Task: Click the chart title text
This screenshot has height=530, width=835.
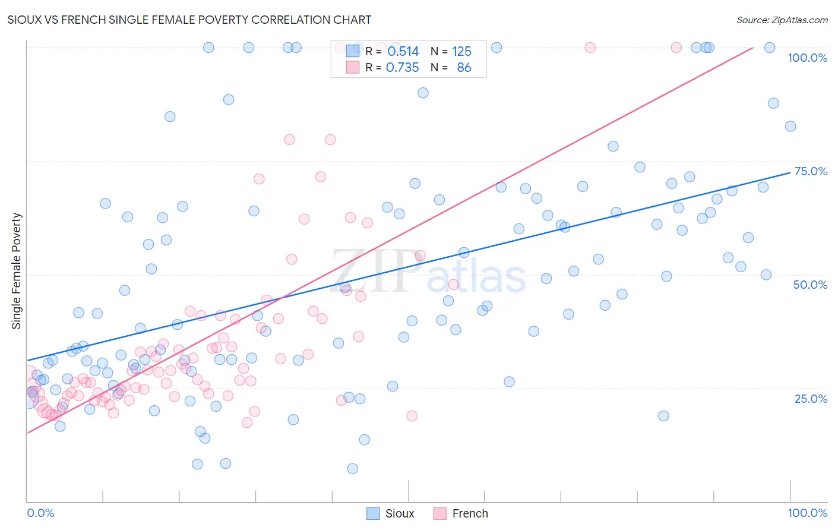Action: point(189,20)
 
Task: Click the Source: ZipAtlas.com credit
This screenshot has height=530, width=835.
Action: point(782,20)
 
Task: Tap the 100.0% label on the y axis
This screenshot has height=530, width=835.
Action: point(806,58)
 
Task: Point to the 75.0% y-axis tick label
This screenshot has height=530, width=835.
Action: point(810,171)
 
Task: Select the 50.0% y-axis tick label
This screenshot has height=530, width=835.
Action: point(809,285)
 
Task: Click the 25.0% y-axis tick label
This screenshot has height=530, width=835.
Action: point(810,399)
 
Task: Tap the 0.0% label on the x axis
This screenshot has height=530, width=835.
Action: point(40,513)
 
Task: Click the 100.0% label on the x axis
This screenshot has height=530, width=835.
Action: point(806,513)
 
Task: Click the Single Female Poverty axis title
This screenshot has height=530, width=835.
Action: point(17,271)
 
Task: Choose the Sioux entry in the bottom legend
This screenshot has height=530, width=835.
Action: point(390,513)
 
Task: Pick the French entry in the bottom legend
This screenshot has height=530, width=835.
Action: point(460,513)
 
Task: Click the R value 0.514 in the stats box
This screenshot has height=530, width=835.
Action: point(403,52)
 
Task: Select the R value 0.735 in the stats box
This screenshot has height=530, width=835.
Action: point(402,68)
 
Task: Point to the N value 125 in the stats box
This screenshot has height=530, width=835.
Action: point(461,52)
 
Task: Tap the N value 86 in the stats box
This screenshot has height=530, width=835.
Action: point(464,68)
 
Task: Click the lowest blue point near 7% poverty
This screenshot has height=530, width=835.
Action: point(352,469)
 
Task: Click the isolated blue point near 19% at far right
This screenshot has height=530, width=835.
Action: point(663,416)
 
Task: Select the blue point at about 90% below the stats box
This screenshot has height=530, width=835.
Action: point(423,93)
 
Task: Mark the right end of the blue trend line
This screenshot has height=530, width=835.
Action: point(790,172)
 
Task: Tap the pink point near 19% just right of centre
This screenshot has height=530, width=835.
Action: point(412,416)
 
